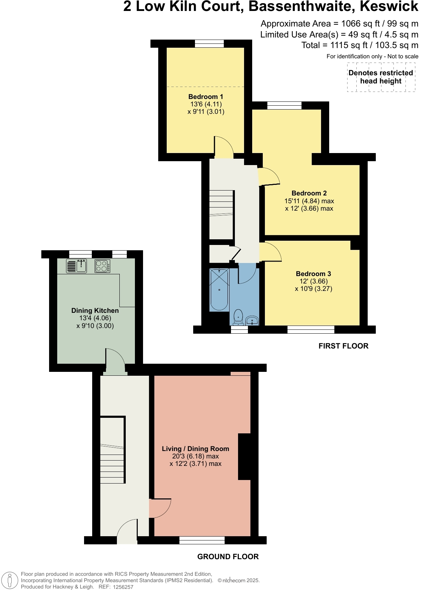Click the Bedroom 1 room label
tap(206, 96)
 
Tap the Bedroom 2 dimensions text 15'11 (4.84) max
tap(309, 201)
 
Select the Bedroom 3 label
tap(313, 274)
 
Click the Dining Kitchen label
tap(95, 310)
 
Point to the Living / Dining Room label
tap(195, 449)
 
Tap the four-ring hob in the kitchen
tap(102, 266)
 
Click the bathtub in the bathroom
tap(219, 290)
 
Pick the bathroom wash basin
tap(252, 321)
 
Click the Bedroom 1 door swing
tap(223, 147)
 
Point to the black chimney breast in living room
tap(244, 456)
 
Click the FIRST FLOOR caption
tap(343, 346)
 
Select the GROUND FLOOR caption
tap(228, 556)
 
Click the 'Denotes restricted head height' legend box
tap(381, 77)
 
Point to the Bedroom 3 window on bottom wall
tap(311, 330)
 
